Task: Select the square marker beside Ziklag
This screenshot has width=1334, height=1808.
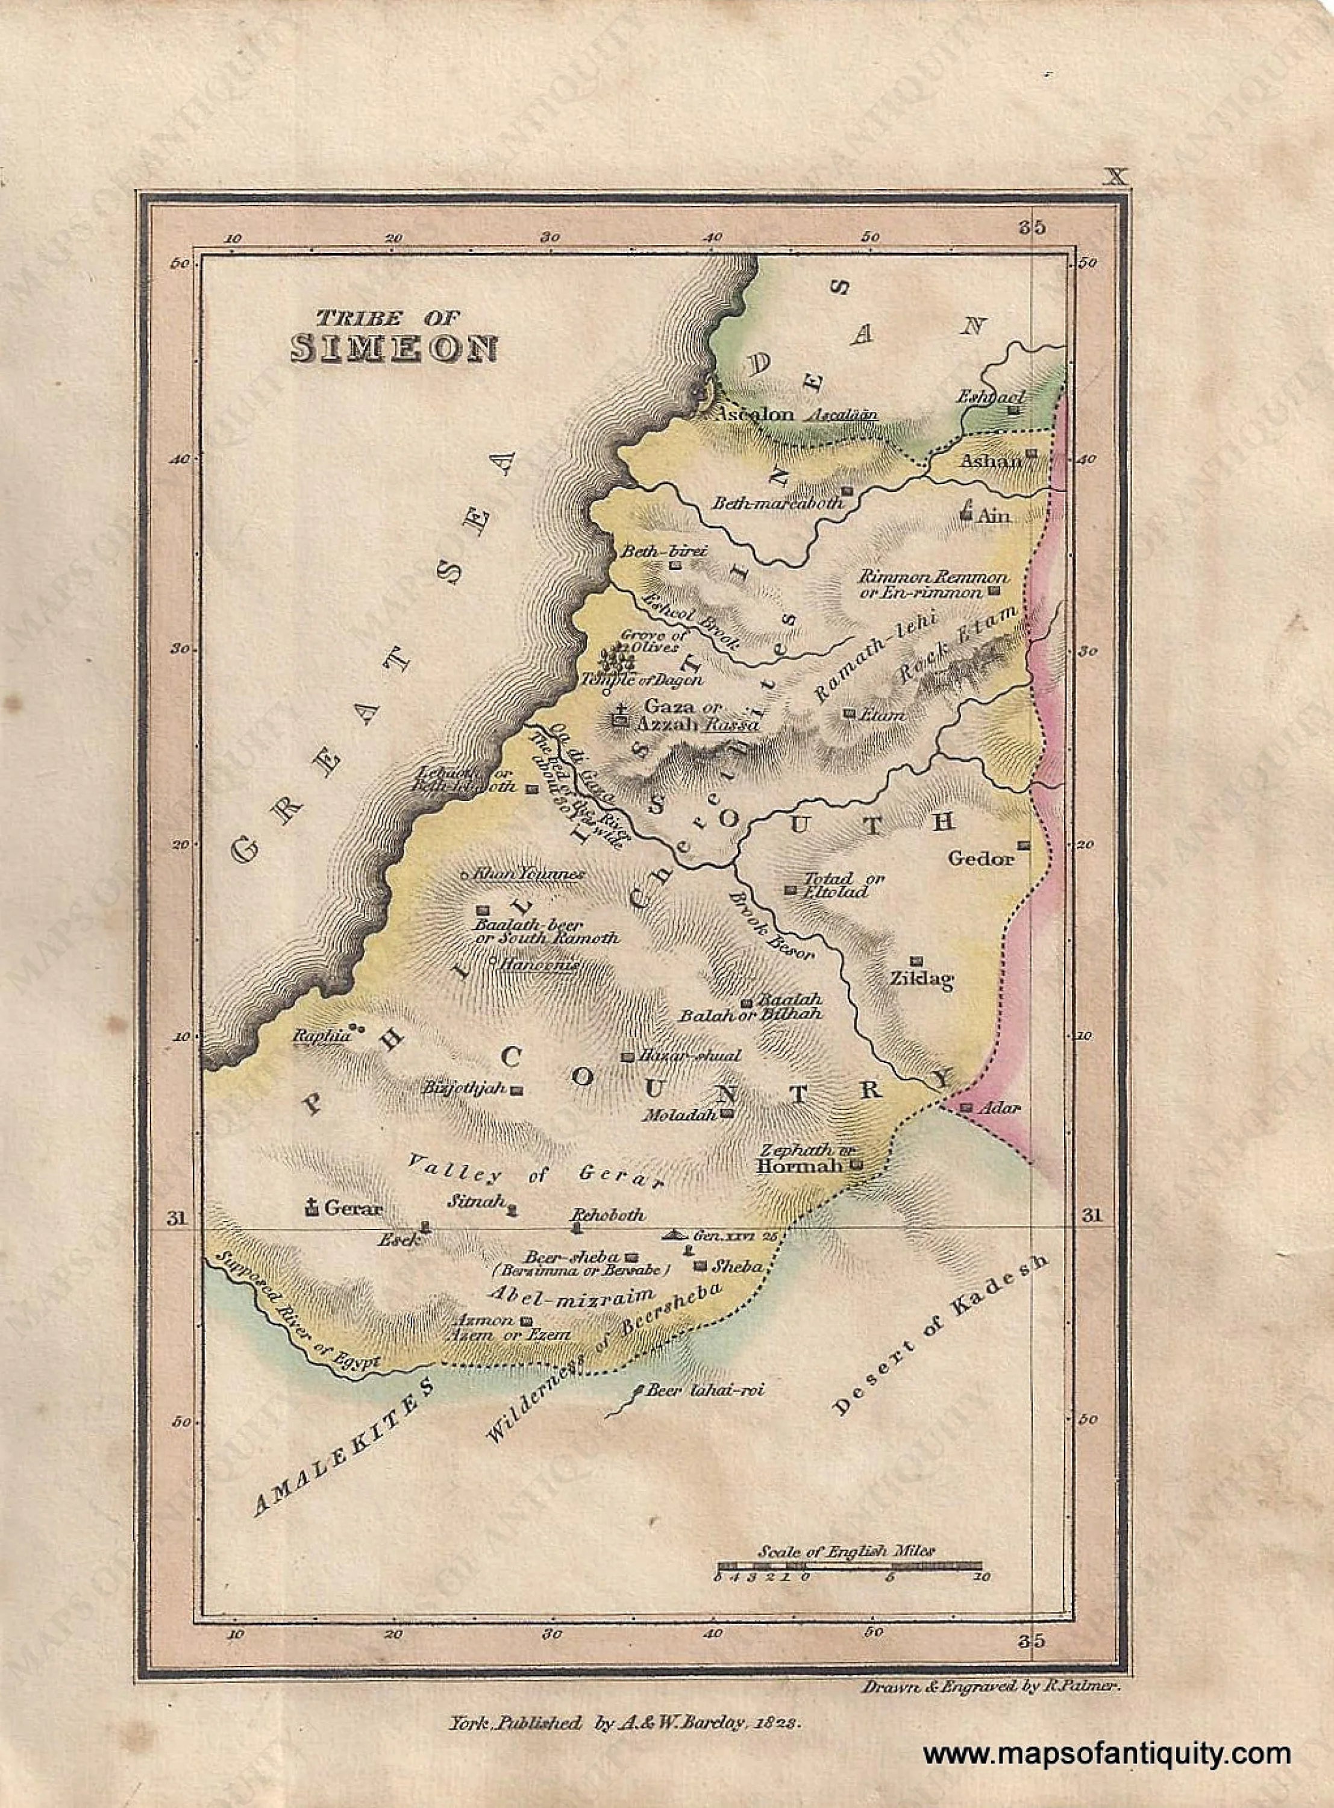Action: point(916,961)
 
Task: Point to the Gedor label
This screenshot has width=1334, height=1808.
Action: point(980,858)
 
